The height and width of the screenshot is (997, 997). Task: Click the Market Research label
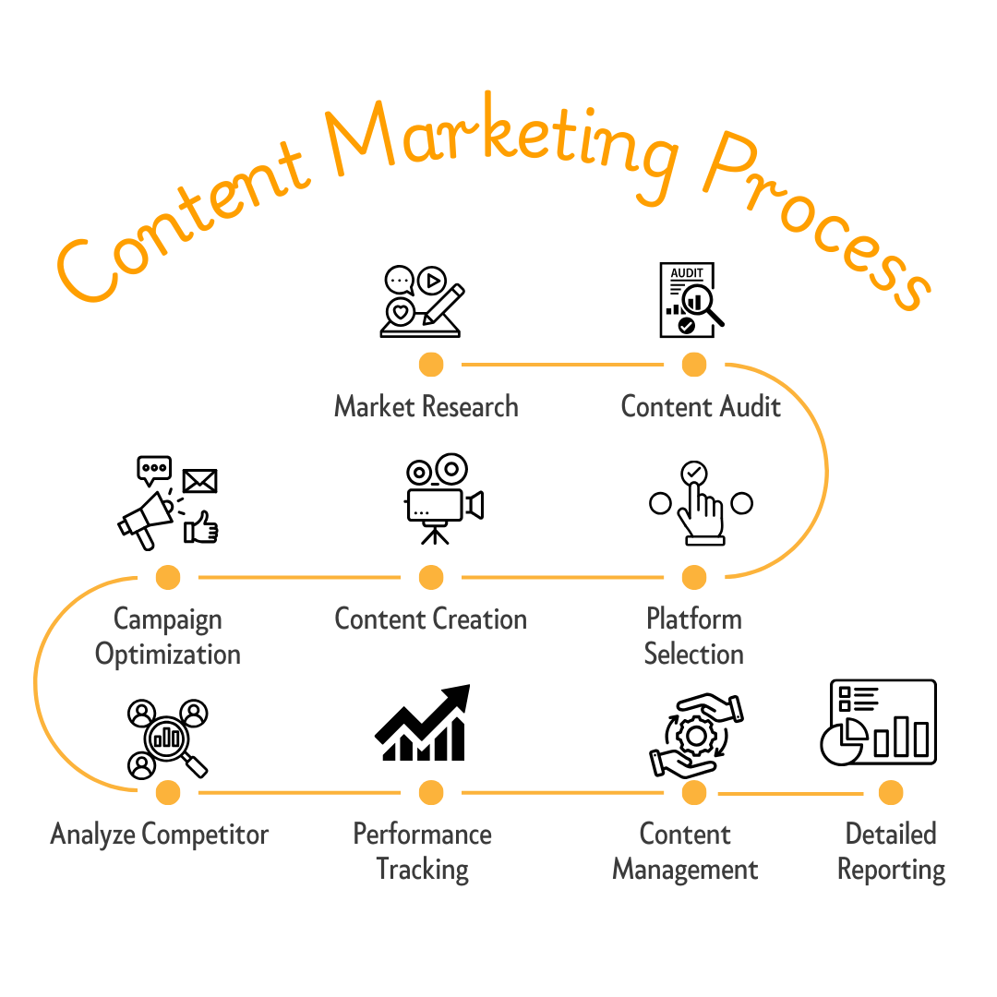click(x=426, y=406)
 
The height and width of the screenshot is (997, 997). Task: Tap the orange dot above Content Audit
click(x=694, y=365)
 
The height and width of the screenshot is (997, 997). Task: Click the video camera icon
click(x=443, y=498)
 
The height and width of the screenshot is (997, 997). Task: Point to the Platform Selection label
click(x=694, y=636)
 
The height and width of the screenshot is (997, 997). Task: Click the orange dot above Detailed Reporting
click(x=891, y=792)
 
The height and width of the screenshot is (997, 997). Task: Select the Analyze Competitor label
click(x=160, y=835)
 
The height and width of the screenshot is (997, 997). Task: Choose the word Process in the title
click(x=812, y=222)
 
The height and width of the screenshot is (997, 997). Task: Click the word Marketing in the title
click(x=498, y=138)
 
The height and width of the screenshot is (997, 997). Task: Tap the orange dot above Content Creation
click(x=431, y=578)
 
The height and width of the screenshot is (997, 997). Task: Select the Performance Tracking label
click(x=423, y=851)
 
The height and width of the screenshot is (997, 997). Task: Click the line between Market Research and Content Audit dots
click(x=562, y=365)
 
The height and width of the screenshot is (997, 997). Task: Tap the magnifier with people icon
click(x=166, y=738)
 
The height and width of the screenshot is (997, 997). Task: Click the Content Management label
click(x=686, y=851)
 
